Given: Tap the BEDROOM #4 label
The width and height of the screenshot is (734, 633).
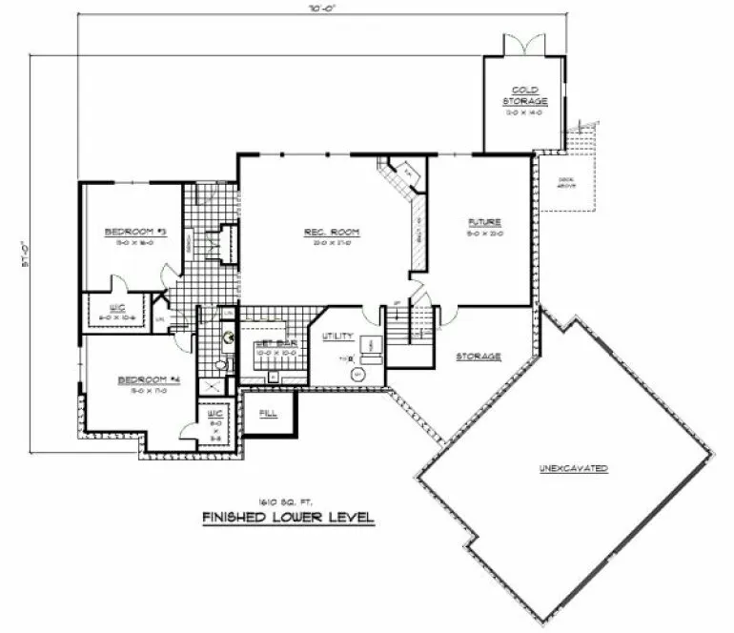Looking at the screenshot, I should pyautogui.click(x=142, y=379).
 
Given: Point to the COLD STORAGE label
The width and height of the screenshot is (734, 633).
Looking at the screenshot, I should pyautogui.click(x=525, y=95).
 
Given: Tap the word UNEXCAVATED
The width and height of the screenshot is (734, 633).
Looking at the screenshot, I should pyautogui.click(x=573, y=469).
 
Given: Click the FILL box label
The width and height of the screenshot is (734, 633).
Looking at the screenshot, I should pyautogui.click(x=269, y=413).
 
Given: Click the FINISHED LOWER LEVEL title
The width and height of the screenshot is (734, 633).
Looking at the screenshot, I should pyautogui.click(x=288, y=518).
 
